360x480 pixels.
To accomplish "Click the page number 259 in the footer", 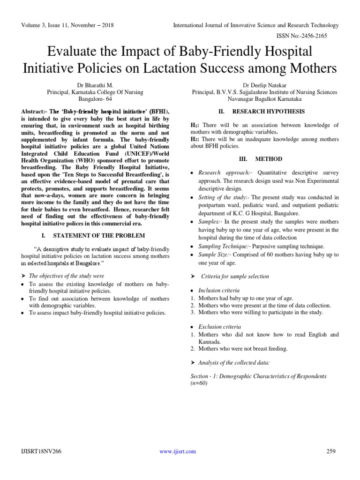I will coord(331,451).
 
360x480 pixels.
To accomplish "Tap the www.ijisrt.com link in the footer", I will coord(178,451).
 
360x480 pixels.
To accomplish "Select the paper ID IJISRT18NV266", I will coord(41,451).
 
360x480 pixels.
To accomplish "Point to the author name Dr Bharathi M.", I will coord(95,86).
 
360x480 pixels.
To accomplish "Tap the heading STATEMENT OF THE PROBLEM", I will coord(99,235).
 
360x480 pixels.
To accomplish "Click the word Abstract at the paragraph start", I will coord(34,112).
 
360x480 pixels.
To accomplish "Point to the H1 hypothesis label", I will coord(194,126).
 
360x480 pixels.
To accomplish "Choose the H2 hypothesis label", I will coord(194,140).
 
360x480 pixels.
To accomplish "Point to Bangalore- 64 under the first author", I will coord(95,99).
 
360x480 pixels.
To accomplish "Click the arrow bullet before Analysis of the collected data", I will coord(193,363).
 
